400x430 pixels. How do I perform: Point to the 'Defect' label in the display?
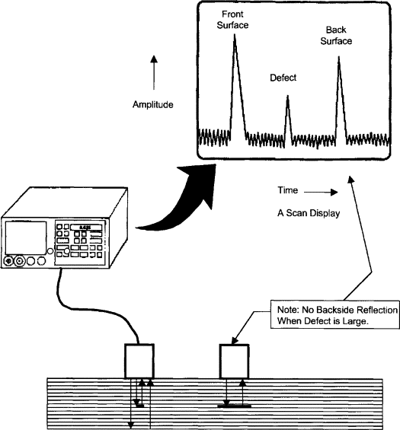click(x=283, y=78)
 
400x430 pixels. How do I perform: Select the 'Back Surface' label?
click(x=336, y=35)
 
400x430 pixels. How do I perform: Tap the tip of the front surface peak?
click(x=234, y=37)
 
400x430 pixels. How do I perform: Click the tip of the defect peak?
click(x=287, y=96)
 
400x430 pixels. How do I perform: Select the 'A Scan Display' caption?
click(x=308, y=214)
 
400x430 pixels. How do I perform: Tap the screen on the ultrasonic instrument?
click(x=28, y=241)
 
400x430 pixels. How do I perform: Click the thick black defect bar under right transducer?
click(x=235, y=406)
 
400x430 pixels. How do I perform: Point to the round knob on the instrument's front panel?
click(x=10, y=261)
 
